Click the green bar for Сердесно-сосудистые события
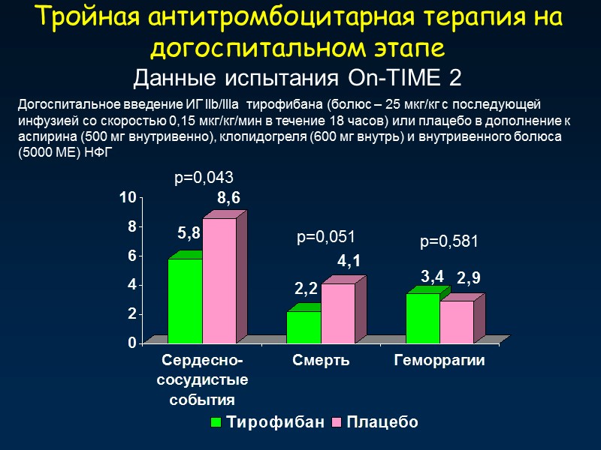click(x=185, y=300)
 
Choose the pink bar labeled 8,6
click(x=219, y=280)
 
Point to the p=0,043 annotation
click(x=204, y=178)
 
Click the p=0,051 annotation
click(x=326, y=237)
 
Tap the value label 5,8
click(x=189, y=234)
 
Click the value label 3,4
click(x=433, y=277)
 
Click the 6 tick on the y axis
click(x=131, y=256)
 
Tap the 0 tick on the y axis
click(x=131, y=343)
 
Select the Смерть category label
click(x=322, y=361)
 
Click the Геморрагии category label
click(x=439, y=361)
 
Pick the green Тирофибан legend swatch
click(x=216, y=422)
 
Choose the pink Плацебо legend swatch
click(x=336, y=422)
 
